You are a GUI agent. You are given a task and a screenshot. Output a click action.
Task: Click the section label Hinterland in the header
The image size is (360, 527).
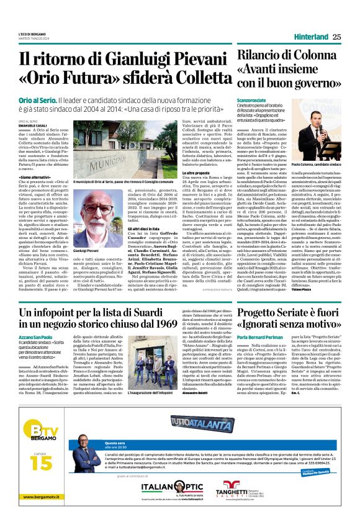tap(312, 37)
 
